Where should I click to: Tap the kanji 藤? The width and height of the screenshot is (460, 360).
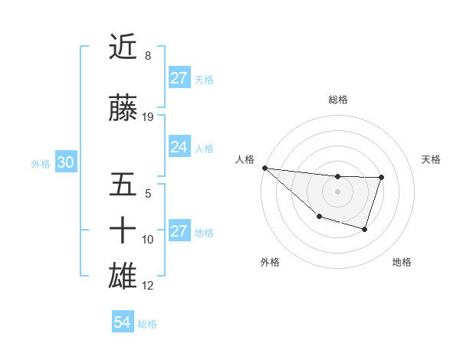123,109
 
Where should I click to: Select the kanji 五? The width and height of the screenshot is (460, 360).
123,186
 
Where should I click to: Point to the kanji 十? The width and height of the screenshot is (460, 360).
123,231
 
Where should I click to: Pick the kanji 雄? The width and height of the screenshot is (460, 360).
123,277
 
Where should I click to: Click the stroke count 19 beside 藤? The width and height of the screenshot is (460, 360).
149,117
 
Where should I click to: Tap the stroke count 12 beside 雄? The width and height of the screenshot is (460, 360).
149,286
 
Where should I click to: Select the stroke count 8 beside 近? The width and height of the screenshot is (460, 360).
147,56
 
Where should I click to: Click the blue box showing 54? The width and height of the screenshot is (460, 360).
122,322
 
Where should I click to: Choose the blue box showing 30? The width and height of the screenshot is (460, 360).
65,162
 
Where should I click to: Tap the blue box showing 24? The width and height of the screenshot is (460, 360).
179,147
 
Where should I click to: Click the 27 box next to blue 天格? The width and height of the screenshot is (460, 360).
179,78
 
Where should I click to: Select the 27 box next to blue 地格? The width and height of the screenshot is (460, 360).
179,231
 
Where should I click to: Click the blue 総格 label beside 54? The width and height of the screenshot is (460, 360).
147,324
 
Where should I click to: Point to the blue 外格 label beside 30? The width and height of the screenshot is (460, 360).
41,164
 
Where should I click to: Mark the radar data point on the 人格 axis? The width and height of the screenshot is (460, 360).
264,168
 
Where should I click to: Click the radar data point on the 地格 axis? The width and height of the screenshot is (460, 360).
365,229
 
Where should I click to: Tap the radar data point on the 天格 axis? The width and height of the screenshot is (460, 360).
381,178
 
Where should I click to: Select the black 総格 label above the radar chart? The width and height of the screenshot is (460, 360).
338,100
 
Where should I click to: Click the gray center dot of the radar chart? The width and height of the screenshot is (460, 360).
337,191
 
